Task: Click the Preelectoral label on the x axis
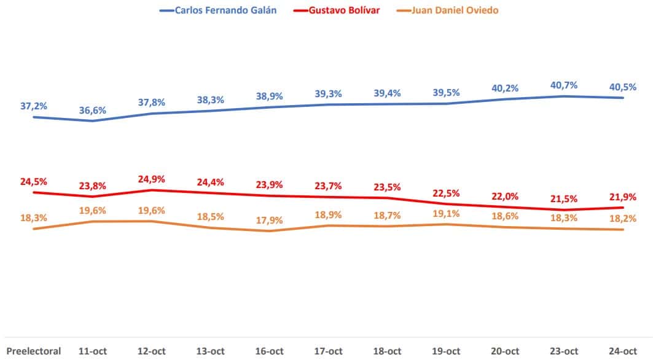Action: [x=34, y=351]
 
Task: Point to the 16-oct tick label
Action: [x=270, y=351]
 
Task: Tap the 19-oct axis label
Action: [x=447, y=351]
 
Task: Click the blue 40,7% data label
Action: [x=565, y=85]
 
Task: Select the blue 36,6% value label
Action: [x=93, y=110]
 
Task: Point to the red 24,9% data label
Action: [x=152, y=179]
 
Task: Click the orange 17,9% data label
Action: [x=270, y=221]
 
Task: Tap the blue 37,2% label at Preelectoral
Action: [x=34, y=106]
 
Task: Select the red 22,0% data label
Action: [x=506, y=196]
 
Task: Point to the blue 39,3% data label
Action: [x=329, y=93]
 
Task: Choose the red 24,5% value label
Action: [x=34, y=181]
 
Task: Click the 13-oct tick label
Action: [x=211, y=351]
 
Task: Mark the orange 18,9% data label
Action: [x=329, y=215]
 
